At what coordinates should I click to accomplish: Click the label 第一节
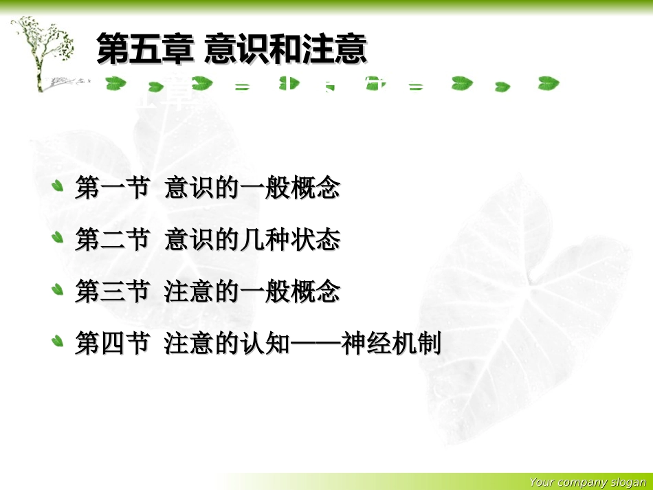pos(112,188)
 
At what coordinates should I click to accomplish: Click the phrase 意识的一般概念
pos(252,188)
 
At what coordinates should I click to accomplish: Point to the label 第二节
pos(112,240)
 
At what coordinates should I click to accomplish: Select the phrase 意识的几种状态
pos(252,240)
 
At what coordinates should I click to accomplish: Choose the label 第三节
pos(112,292)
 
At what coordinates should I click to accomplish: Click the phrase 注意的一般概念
pos(252,292)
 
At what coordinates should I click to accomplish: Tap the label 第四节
pos(112,344)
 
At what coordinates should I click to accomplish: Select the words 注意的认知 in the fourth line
pos(227,344)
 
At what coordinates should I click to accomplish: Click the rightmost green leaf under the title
pos(548,84)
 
